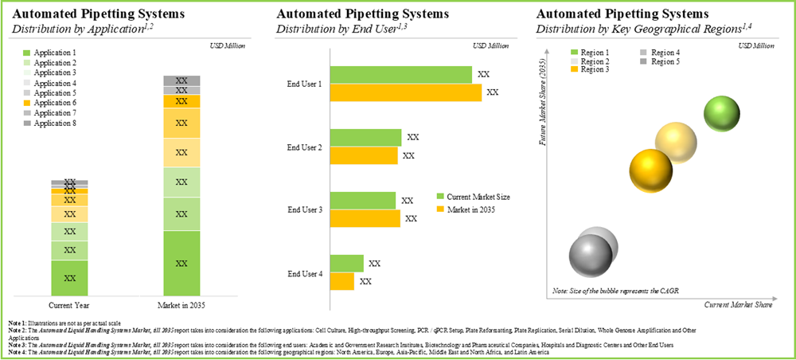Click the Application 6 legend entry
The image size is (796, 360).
click(50, 104)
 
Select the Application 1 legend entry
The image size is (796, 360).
click(50, 53)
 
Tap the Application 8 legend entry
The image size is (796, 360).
click(50, 123)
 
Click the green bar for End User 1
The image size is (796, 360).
click(400, 75)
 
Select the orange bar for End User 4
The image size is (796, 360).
click(342, 281)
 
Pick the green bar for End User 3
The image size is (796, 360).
click(363, 201)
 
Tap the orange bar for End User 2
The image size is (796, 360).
click(364, 155)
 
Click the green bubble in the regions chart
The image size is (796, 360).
click(724, 114)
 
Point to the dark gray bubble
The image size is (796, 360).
click(590, 254)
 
